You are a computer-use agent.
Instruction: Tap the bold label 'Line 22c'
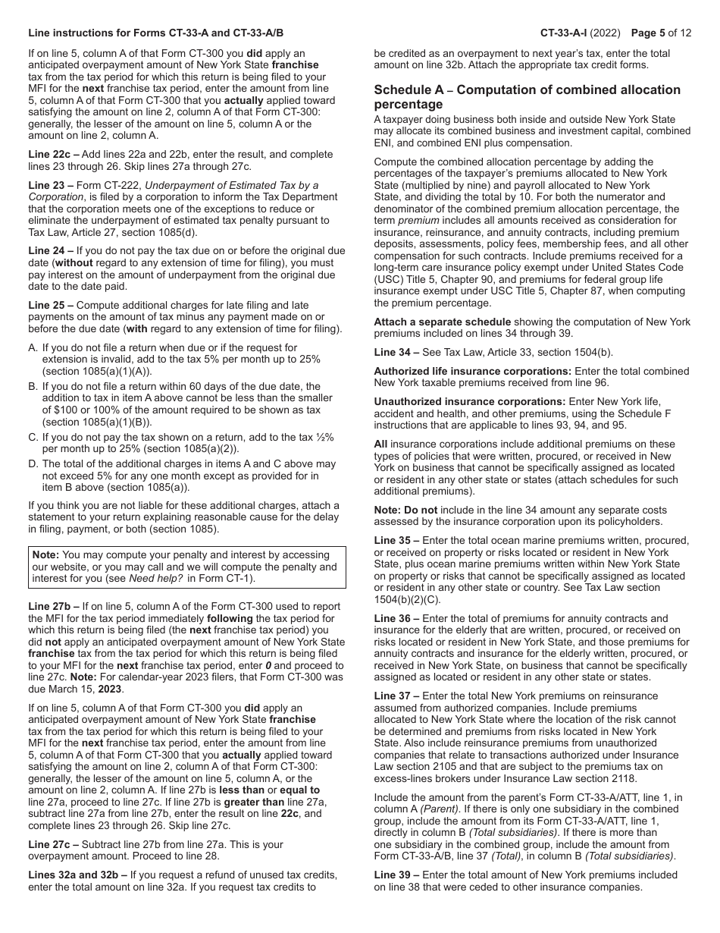[x=50, y=155]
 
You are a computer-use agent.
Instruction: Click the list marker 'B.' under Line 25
[x=33, y=386]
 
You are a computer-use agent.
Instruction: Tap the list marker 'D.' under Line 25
[x=33, y=463]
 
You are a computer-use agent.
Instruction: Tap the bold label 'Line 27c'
[x=50, y=844]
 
